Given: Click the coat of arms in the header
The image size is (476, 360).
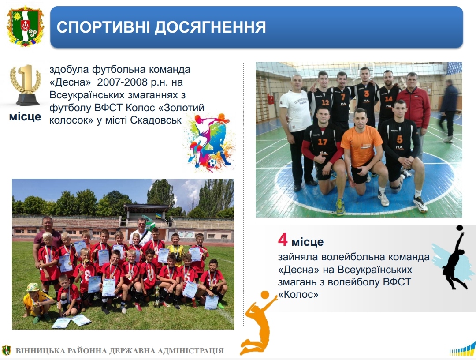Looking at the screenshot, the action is pyautogui.click(x=25, y=27).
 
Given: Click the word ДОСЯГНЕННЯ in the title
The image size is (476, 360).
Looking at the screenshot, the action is pyautogui.click(x=210, y=27).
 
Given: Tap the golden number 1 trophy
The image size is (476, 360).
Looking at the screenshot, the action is pyautogui.click(x=26, y=85).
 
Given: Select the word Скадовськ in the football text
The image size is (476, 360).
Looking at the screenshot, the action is pyautogui.click(x=156, y=120).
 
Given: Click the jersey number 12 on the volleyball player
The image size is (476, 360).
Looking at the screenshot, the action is pyautogui.click(x=325, y=102).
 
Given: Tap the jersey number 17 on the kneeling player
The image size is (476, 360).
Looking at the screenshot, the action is pyautogui.click(x=322, y=142).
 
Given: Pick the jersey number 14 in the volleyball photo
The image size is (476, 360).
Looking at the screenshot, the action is pyautogui.click(x=389, y=99).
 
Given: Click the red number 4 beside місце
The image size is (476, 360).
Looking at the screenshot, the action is pyautogui.click(x=283, y=240).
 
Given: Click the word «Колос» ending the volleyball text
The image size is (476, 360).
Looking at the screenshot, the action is pyautogui.click(x=298, y=294).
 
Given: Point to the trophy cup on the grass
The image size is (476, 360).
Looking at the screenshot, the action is pyautogui.click(x=157, y=296).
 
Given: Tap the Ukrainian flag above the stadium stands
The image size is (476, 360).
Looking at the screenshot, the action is pyautogui.click(x=159, y=216).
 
